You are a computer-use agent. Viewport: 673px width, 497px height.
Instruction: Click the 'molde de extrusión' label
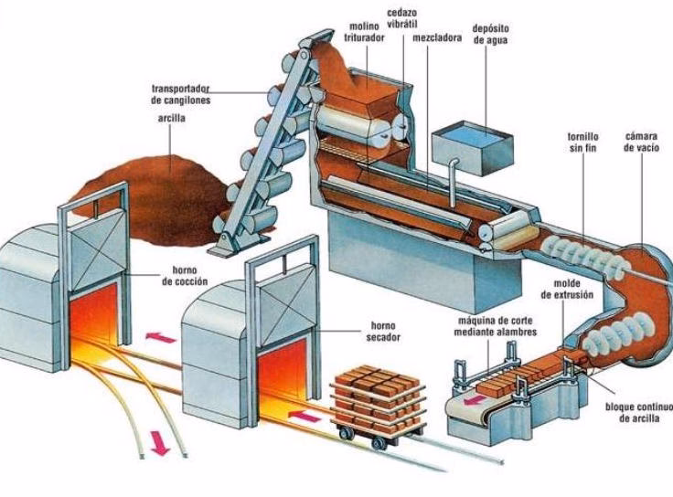click(x=567, y=290)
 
